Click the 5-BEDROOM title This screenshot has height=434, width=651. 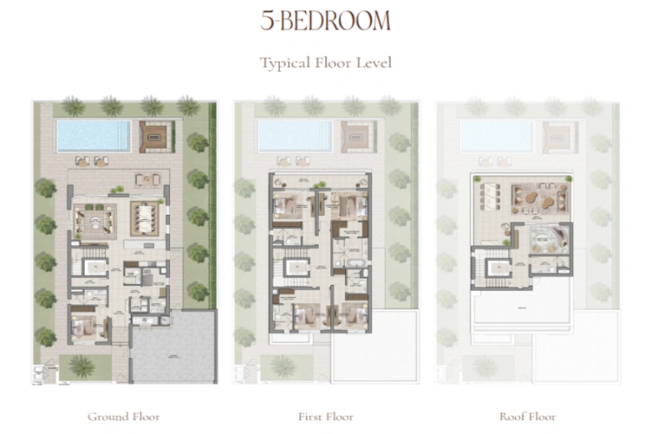tap(325, 21)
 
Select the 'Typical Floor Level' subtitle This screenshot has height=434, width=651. tap(325, 63)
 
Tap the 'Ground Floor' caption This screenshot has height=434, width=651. tap(124, 416)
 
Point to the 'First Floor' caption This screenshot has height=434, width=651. tap(325, 416)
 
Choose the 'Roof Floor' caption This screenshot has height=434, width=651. tap(527, 416)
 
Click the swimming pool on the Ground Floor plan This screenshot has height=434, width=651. tap(94, 135)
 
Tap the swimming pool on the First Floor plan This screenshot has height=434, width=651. tap(295, 135)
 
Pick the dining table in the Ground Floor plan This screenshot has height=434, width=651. tap(146, 218)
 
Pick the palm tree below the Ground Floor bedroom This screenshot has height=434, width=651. tap(81, 366)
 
